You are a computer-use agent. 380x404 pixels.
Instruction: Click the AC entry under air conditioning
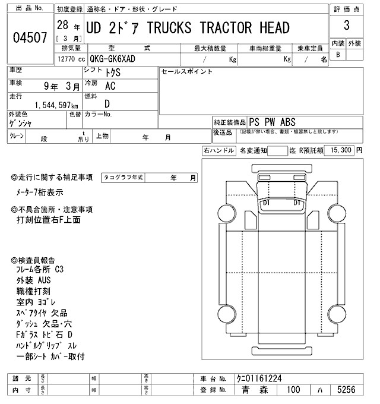pos(110,86)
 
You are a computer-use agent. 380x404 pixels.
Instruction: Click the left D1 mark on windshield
pos(266,203)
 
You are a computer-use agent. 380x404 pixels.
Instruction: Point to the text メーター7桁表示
pos(40,192)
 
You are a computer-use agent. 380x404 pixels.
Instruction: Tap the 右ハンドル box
pos(218,151)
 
